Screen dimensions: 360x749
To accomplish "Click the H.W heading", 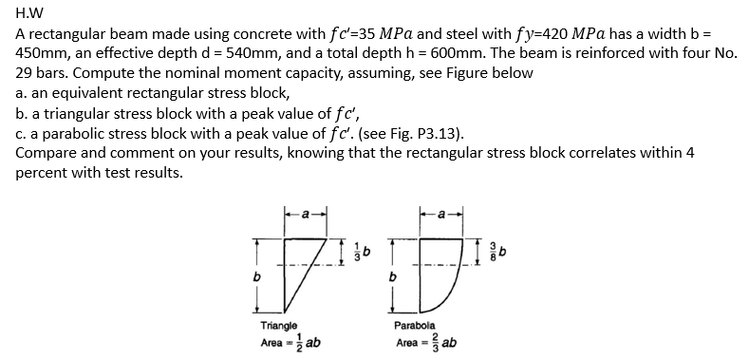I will point(31,11).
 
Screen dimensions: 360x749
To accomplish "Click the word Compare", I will point(48,154).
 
